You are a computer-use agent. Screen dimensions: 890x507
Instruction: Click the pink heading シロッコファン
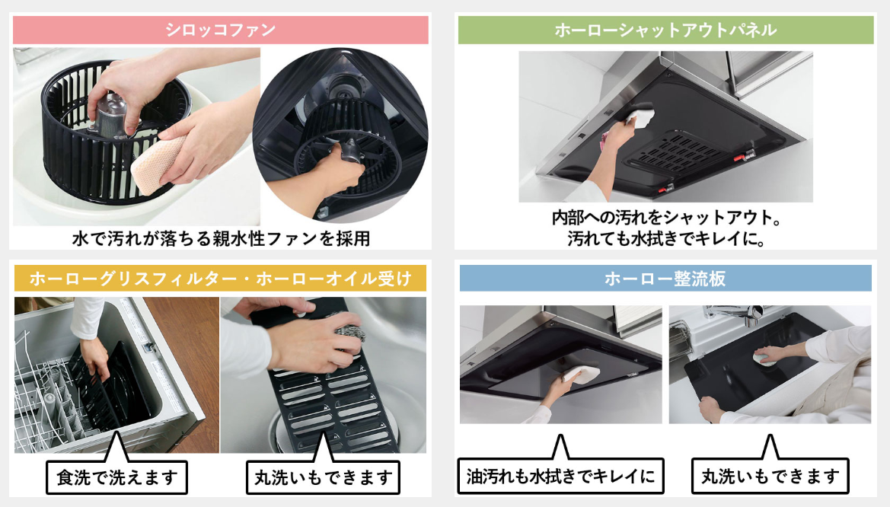[220, 30]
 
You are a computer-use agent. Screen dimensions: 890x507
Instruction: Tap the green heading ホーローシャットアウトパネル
[665, 30]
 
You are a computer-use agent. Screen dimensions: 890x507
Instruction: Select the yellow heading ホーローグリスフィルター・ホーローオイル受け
[220, 278]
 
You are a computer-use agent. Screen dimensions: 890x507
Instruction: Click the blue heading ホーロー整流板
[665, 278]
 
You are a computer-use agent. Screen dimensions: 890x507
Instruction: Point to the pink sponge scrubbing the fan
[158, 164]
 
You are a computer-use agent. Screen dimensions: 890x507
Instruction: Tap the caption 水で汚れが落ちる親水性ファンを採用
[222, 238]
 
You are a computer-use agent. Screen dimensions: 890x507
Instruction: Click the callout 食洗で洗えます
[116, 477]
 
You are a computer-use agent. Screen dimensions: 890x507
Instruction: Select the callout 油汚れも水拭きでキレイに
[560, 476]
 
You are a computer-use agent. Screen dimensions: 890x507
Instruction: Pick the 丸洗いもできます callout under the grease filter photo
[323, 477]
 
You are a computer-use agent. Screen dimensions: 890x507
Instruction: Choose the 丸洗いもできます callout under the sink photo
[770, 476]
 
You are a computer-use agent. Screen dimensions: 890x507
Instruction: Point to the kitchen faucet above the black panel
[735, 314]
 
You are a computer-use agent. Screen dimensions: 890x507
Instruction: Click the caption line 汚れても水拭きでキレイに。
[665, 238]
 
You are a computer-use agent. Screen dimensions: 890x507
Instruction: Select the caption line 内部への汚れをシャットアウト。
[666, 218]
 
